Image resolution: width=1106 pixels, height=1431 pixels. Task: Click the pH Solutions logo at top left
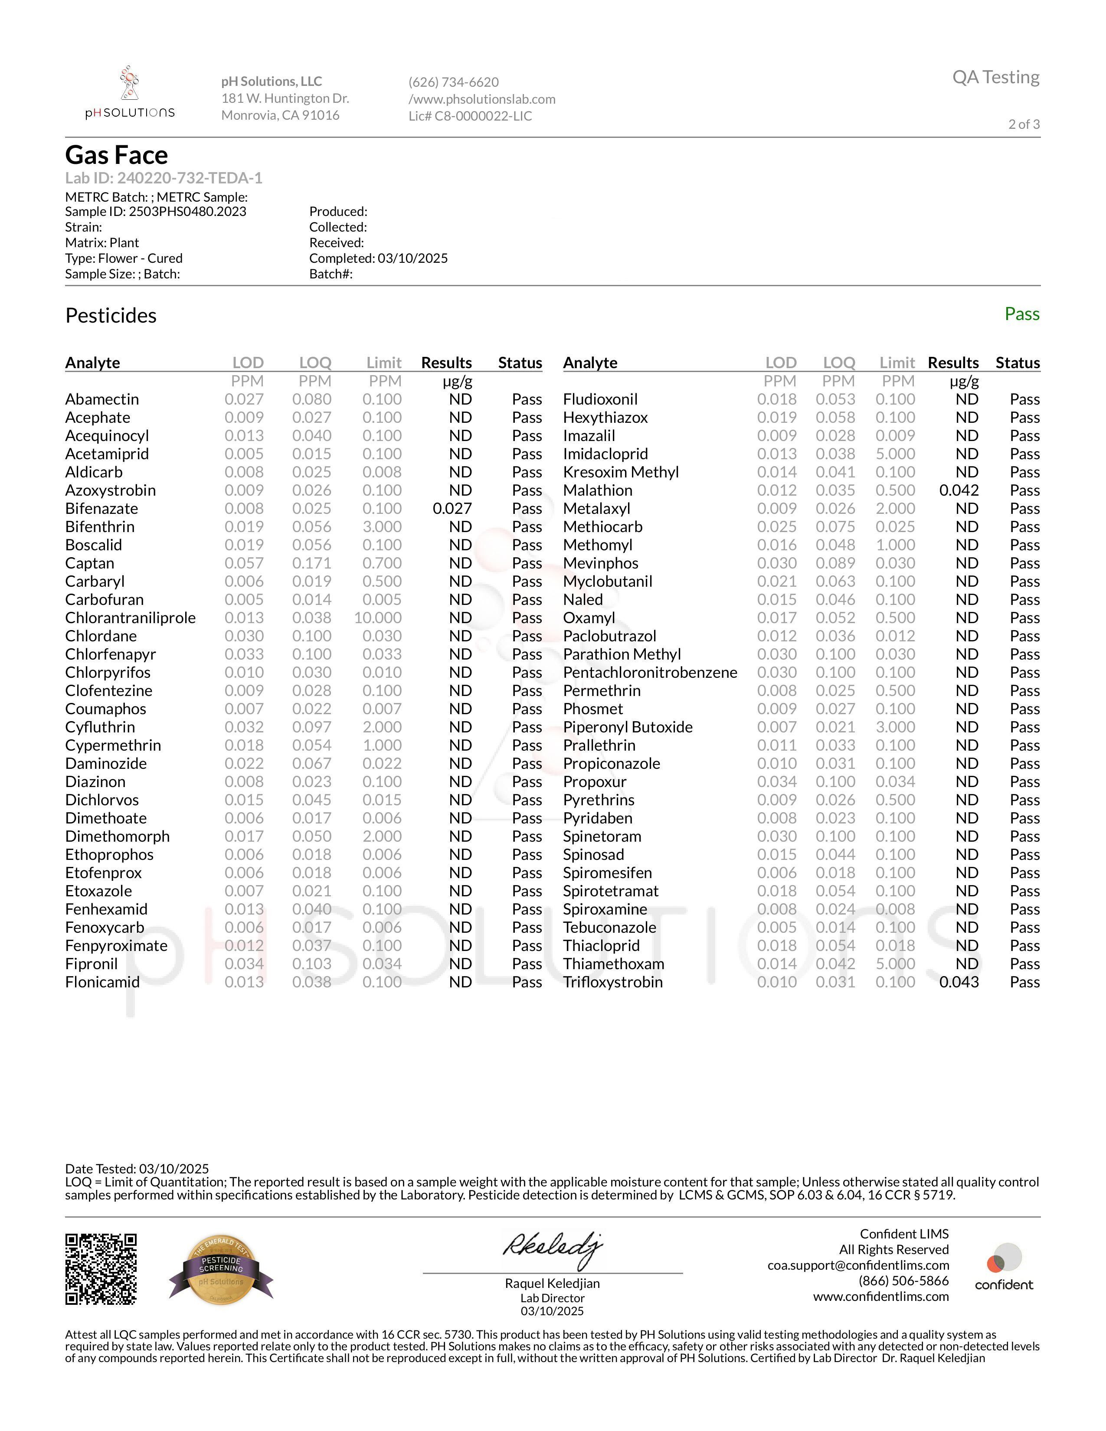(130, 93)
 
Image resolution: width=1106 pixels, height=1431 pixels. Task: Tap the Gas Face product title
(117, 155)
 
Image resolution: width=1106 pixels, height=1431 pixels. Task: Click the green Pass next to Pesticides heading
(1021, 314)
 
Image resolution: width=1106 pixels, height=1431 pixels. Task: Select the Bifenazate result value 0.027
(452, 509)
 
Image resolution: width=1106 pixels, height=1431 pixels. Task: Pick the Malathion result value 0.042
(959, 490)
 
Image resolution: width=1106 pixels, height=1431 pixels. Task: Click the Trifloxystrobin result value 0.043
(959, 981)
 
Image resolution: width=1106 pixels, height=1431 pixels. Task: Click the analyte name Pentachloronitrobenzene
(650, 672)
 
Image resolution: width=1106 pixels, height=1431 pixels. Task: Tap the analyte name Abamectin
(102, 399)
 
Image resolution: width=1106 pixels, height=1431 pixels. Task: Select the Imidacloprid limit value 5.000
(896, 454)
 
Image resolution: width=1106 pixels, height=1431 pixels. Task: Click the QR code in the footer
(101, 1269)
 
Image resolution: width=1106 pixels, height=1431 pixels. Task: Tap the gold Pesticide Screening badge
(222, 1269)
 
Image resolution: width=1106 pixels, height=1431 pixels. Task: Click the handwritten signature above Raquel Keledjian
(552, 1248)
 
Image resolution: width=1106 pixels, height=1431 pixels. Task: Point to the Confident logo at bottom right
(1004, 1268)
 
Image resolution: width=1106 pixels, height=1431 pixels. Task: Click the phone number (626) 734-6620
(453, 82)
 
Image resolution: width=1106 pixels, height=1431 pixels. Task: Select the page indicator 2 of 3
(1024, 124)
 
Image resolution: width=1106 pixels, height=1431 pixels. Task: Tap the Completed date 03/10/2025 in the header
(412, 258)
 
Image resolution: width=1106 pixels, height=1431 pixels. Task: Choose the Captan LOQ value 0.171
(312, 563)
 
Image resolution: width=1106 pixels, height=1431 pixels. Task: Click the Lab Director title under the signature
(552, 1298)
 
